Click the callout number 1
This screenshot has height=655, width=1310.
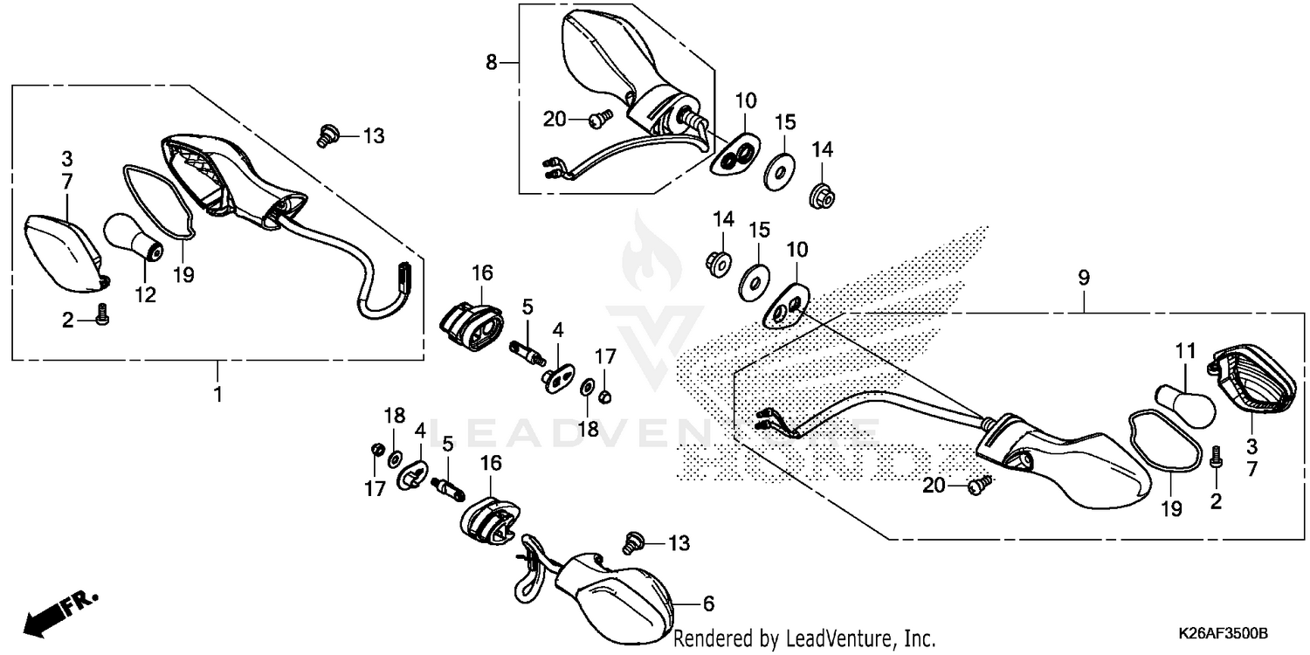(217, 394)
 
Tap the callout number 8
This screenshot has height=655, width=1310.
(492, 62)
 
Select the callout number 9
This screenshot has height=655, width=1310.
(1083, 279)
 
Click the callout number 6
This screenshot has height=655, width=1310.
(709, 603)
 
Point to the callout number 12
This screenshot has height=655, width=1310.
(145, 295)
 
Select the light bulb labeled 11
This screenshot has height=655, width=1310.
(1184, 405)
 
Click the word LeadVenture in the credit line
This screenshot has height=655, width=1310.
(838, 638)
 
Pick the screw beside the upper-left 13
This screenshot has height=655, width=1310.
(327, 136)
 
